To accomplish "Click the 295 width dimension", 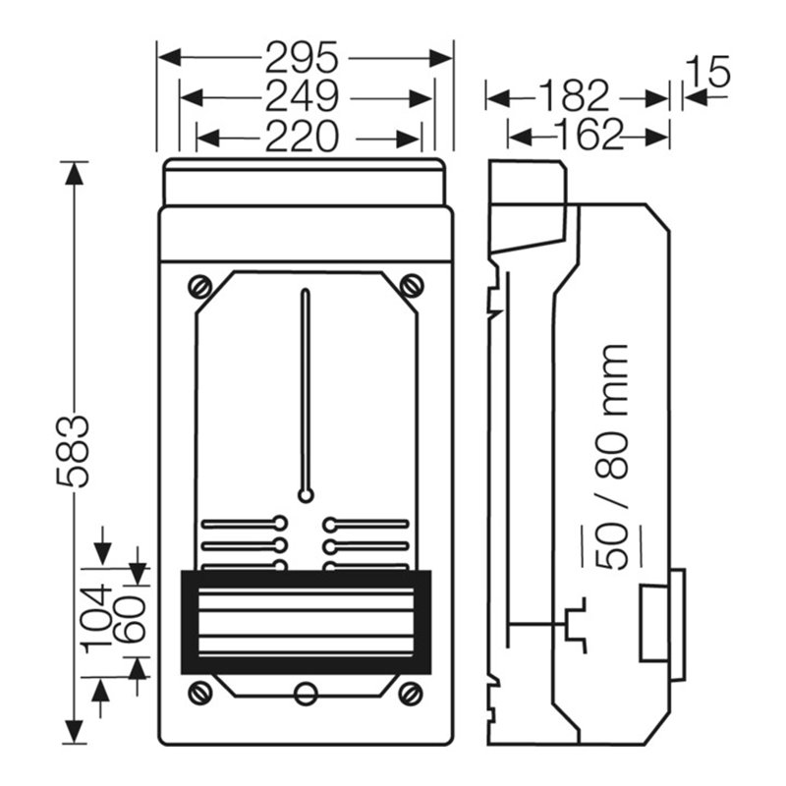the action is tap(302, 58).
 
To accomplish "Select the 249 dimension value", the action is tap(302, 96).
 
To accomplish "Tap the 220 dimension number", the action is tap(302, 136).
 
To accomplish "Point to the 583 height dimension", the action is tap(73, 451).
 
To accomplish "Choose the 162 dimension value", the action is tap(590, 135).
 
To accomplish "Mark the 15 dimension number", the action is tap(707, 72).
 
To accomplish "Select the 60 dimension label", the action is tap(130, 619).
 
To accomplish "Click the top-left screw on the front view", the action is tap(200, 287).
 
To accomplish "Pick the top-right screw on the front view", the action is tap(412, 287).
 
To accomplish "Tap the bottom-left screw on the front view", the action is tap(200, 694).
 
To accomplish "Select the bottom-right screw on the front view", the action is tap(411, 694).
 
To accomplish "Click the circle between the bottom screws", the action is tap(306, 694).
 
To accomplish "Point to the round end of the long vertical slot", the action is tap(306, 496).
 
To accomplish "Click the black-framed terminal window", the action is tap(306, 622).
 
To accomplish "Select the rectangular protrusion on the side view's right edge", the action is tap(662, 624).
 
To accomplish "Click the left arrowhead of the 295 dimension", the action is tap(169, 58).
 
